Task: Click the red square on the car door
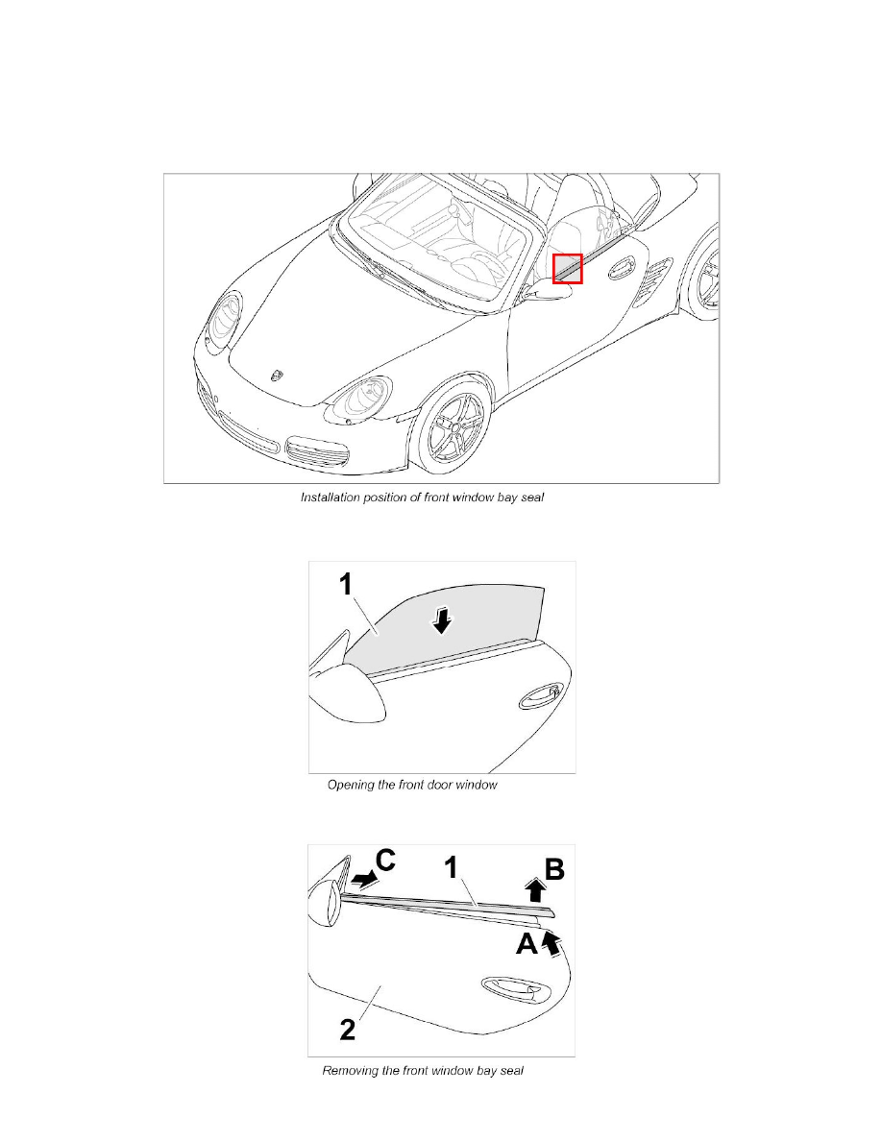(x=567, y=269)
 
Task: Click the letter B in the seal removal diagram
(x=554, y=869)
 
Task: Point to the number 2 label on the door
(x=348, y=1032)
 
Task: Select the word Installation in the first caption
(x=331, y=498)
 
